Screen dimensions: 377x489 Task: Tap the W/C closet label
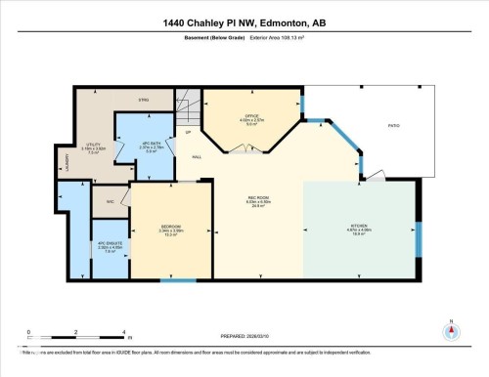pos(110,202)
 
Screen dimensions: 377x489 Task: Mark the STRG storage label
pos(142,101)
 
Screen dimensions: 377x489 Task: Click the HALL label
pos(197,157)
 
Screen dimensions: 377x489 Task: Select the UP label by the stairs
pos(187,132)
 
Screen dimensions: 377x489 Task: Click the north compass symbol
pos(450,329)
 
